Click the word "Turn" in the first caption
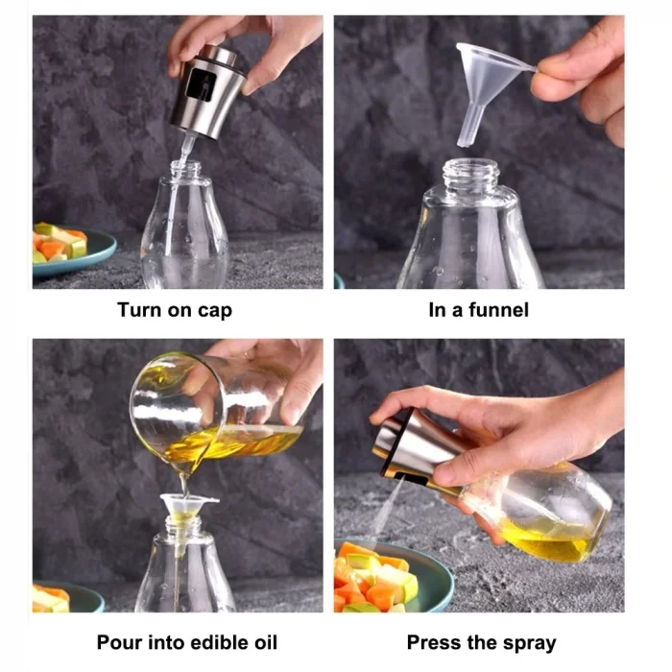pyautogui.click(x=138, y=310)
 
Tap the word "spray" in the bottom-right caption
pyautogui.click(x=526, y=643)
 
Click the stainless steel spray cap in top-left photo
pyautogui.click(x=206, y=91)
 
